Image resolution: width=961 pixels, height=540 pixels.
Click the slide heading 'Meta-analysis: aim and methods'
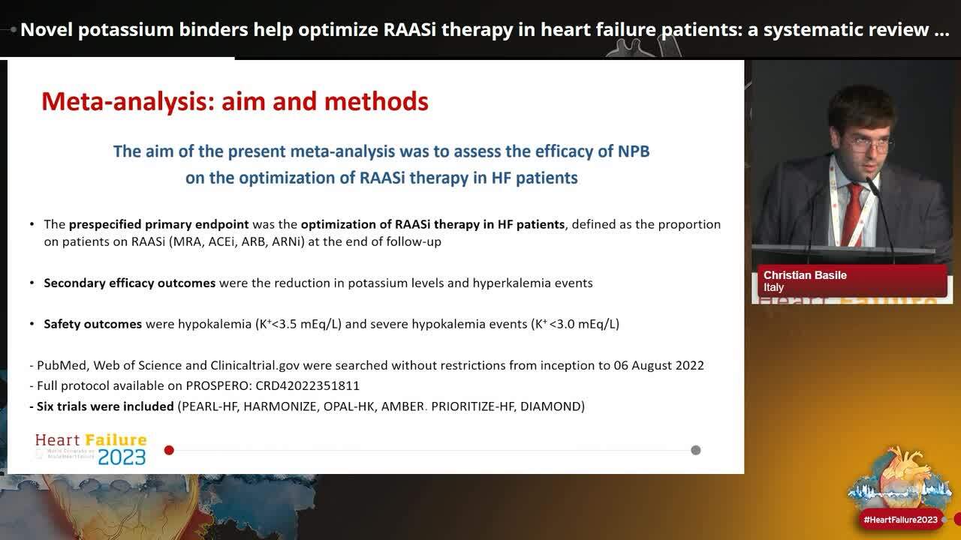click(x=234, y=101)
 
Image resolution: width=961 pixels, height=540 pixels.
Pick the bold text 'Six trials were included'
click(x=105, y=406)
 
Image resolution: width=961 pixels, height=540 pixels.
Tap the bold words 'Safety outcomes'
click(x=92, y=324)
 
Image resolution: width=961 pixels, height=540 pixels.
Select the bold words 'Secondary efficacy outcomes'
click(x=129, y=283)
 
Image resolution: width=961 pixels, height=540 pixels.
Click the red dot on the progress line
click(x=169, y=450)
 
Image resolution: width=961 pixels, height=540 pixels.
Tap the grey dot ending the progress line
click(x=695, y=450)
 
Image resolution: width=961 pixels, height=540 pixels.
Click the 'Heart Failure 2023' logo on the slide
click(x=91, y=448)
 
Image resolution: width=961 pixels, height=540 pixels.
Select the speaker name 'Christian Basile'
click(x=805, y=275)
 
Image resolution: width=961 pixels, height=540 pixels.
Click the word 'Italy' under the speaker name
click(x=773, y=287)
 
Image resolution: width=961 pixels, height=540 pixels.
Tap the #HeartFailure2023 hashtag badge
click(x=900, y=520)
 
